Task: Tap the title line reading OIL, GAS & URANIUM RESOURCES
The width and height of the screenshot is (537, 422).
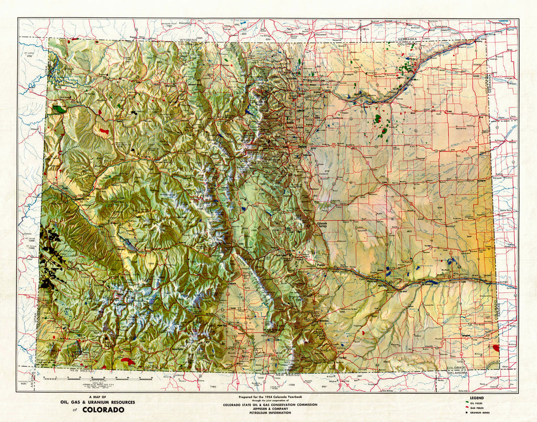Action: pos(97,402)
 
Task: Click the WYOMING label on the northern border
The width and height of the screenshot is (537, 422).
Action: pos(187,40)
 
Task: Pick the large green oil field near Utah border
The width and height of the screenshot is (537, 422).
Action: pos(59,110)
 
